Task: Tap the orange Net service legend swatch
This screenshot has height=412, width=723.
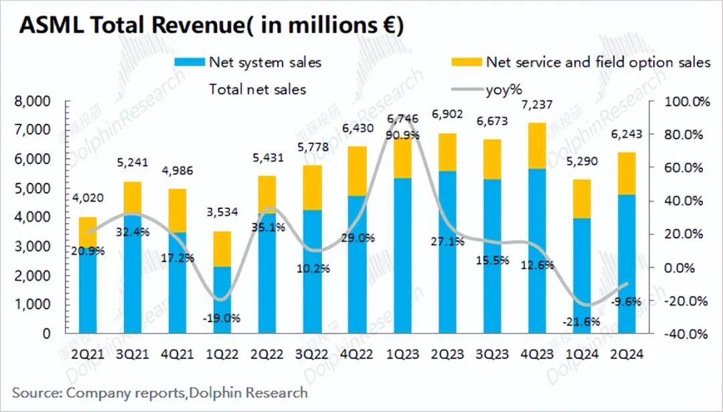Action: pos(466,62)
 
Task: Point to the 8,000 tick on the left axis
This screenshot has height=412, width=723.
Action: pos(33,102)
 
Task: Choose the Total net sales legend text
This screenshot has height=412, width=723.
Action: pos(257,88)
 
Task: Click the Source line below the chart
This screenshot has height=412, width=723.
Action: pos(160,392)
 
